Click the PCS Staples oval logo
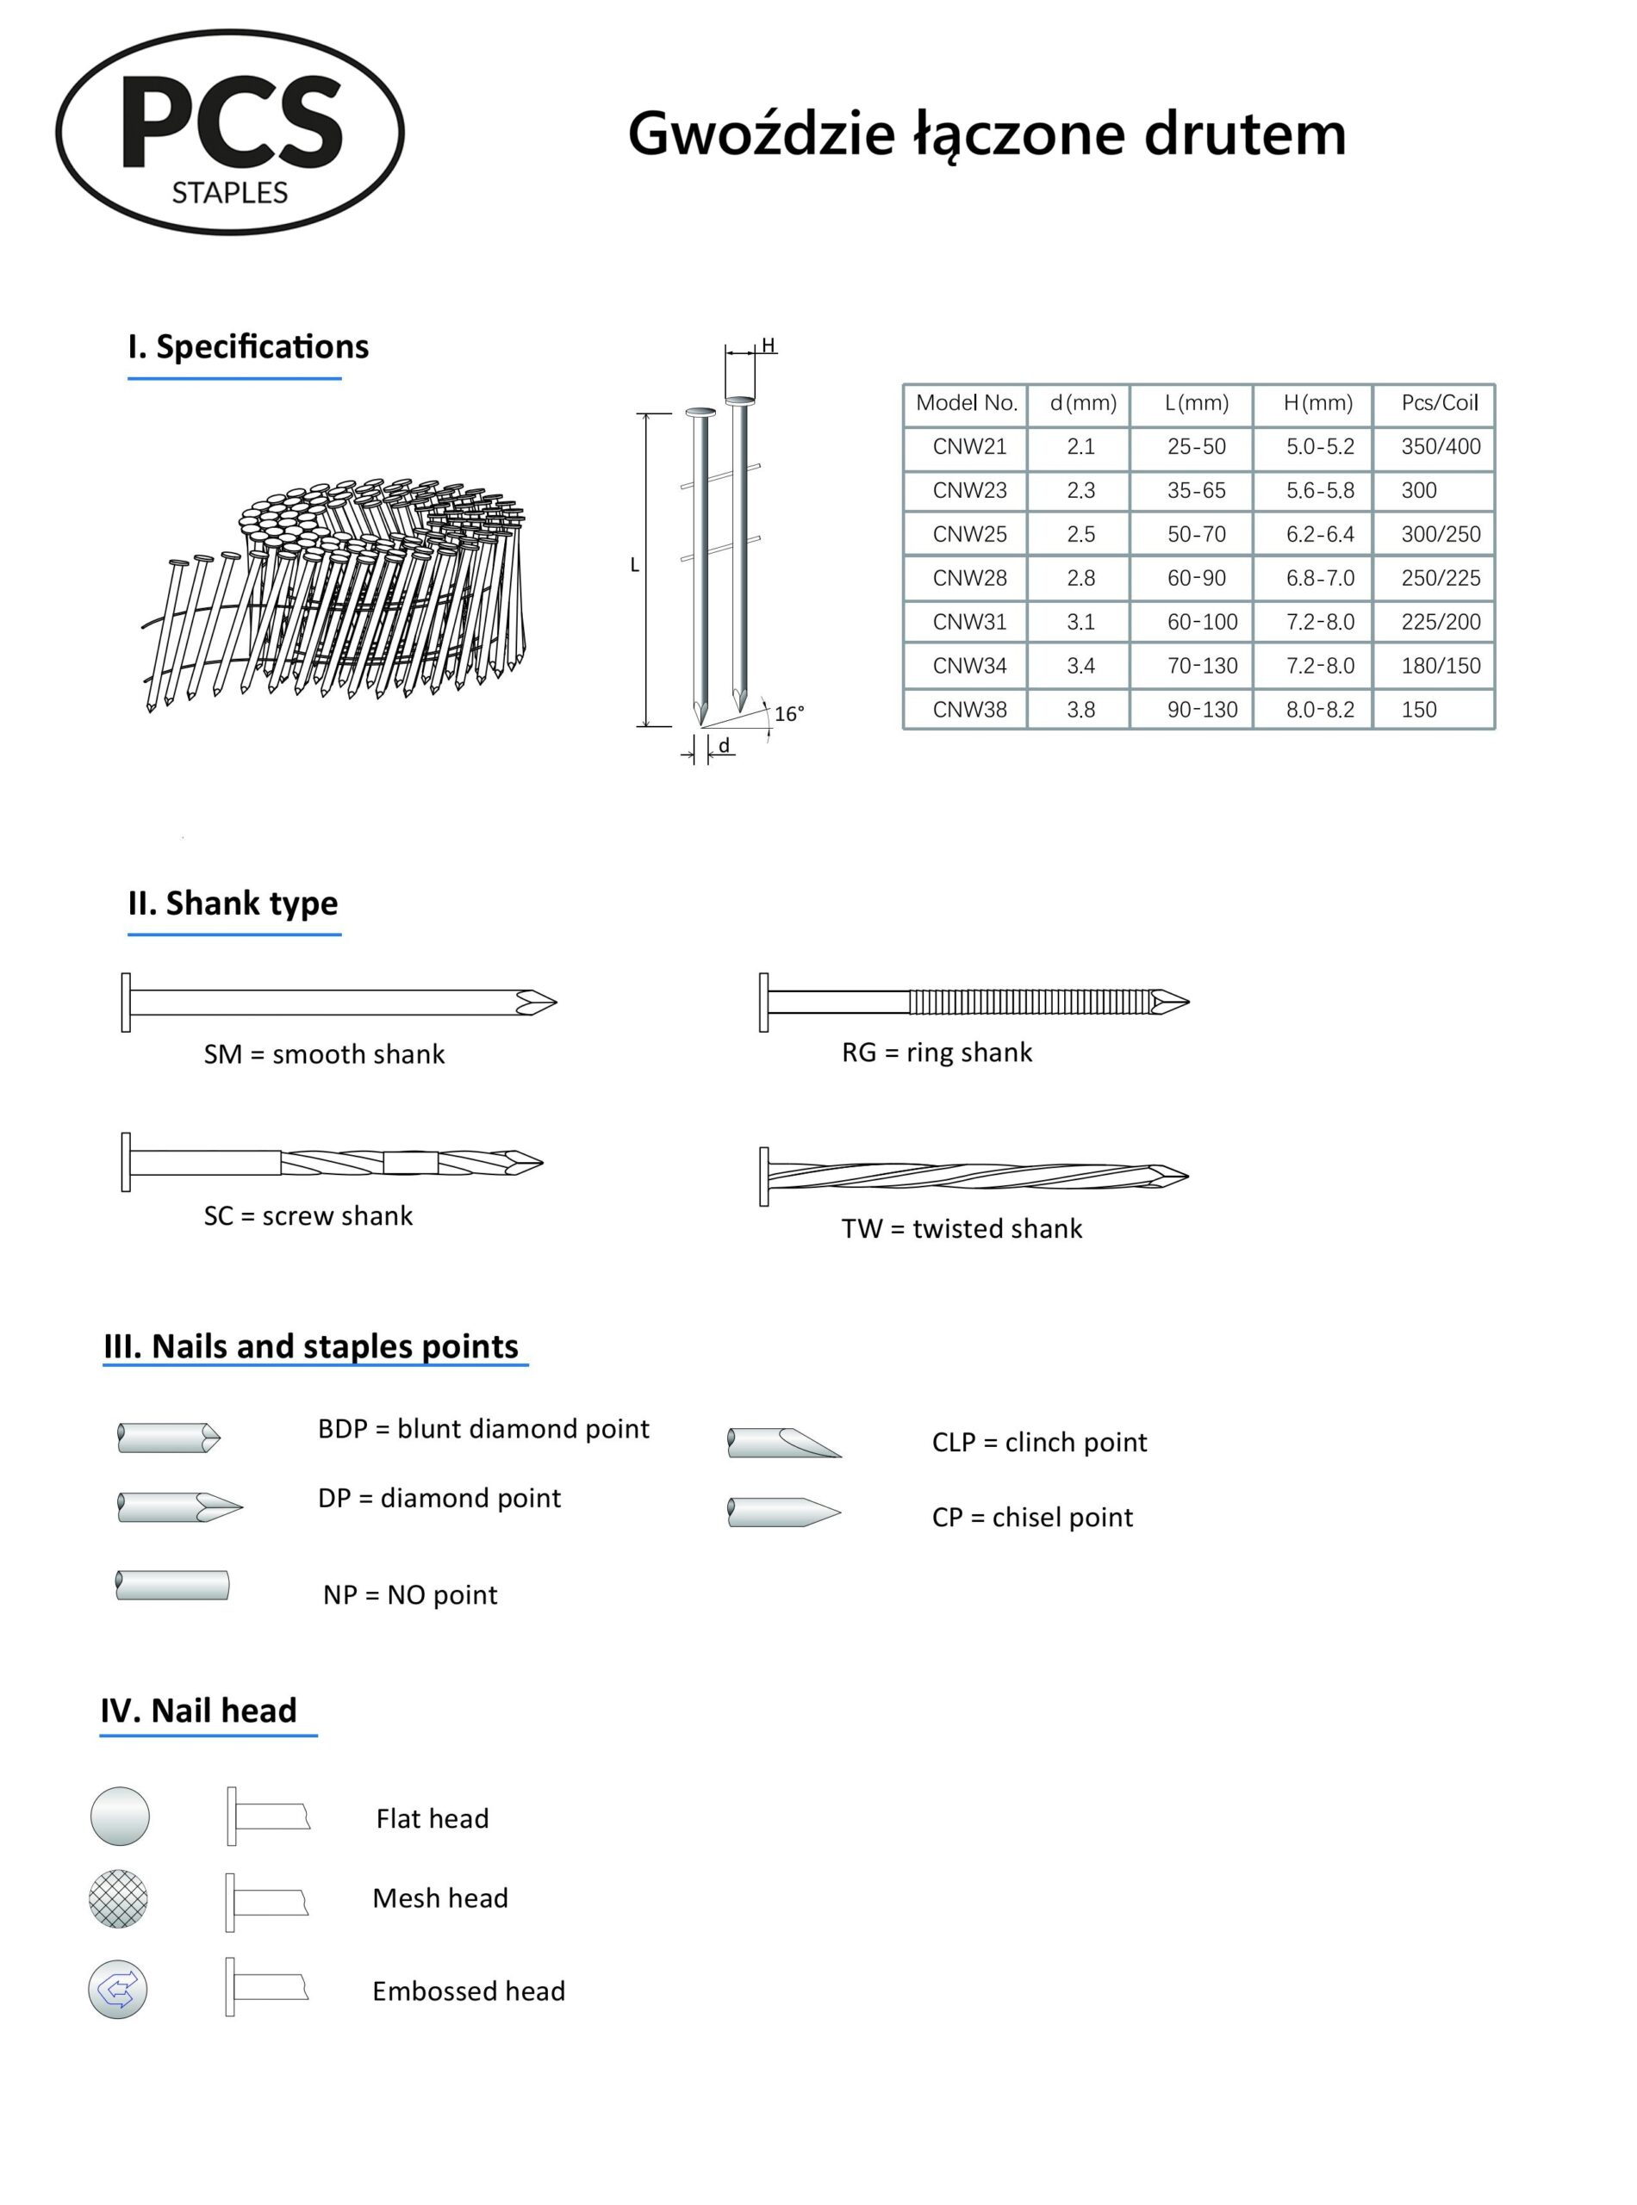(x=229, y=132)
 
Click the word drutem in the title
(x=1245, y=134)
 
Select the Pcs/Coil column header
(x=1439, y=403)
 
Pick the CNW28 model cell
(x=969, y=577)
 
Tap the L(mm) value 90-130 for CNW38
(x=1201, y=709)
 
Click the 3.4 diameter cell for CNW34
(x=1080, y=666)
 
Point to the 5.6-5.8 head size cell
(x=1320, y=490)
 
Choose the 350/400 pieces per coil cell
(x=1440, y=447)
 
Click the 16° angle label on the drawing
(x=788, y=713)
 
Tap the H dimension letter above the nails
(x=768, y=345)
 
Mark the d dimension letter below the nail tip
(x=725, y=745)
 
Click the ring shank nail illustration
(x=974, y=1002)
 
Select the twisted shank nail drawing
(x=974, y=1176)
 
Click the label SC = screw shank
(x=308, y=1215)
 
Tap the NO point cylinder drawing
(x=172, y=1585)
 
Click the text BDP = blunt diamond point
(x=483, y=1428)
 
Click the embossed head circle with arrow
(x=118, y=1988)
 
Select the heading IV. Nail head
(x=199, y=1711)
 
